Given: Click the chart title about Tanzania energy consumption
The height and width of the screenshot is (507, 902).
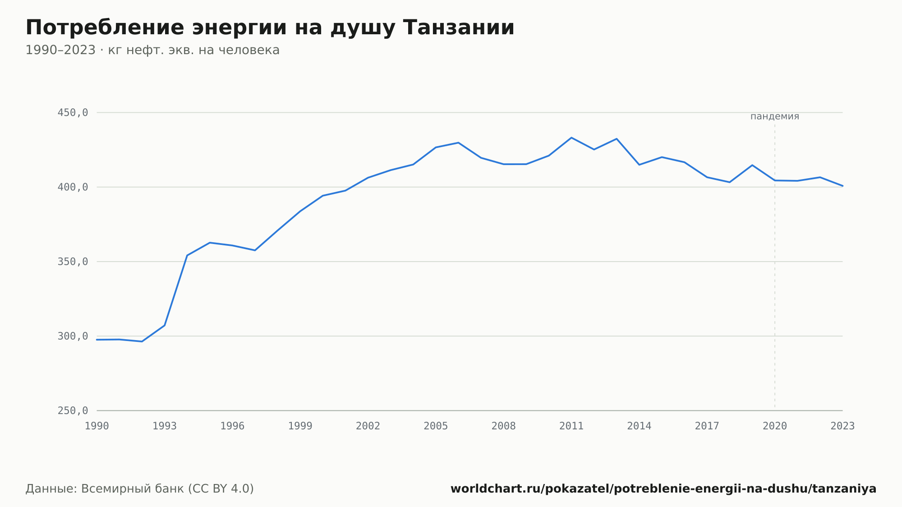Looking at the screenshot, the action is (x=270, y=28).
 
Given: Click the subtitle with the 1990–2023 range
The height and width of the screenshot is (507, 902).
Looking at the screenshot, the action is (x=152, y=50).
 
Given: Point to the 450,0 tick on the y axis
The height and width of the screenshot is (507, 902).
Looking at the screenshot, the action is (x=73, y=113).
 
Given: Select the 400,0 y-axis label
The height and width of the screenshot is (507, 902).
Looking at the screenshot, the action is (x=73, y=187).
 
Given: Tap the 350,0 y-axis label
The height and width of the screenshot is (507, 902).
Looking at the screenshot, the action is (x=73, y=262).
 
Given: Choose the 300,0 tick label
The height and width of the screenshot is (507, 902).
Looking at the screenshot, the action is (x=73, y=336).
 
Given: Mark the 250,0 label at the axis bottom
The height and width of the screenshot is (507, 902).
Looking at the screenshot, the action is (x=73, y=410).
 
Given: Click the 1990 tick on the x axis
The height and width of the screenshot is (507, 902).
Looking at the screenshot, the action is (x=97, y=426).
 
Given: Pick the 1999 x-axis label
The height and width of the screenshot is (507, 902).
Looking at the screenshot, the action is (x=300, y=426).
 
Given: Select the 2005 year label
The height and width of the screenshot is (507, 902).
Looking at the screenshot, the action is (x=436, y=426).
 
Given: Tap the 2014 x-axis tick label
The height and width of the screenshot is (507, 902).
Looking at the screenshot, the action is (x=639, y=426).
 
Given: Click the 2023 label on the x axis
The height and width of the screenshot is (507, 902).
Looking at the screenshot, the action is (x=842, y=426).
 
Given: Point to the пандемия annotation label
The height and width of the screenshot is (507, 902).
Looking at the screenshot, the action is (x=775, y=116).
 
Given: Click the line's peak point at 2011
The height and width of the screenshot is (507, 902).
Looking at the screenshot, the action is (x=571, y=138).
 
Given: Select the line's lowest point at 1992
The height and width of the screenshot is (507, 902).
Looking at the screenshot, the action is (x=142, y=341).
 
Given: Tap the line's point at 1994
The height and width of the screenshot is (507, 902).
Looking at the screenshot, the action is (x=187, y=255).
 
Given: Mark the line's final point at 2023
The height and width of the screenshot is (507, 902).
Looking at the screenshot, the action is (x=842, y=186).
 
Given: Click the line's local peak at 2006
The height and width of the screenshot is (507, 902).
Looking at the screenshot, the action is (x=458, y=143).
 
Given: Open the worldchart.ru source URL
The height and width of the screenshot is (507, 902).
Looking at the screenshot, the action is (x=663, y=489).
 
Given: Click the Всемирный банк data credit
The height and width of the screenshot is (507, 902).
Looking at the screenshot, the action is (x=140, y=489).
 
